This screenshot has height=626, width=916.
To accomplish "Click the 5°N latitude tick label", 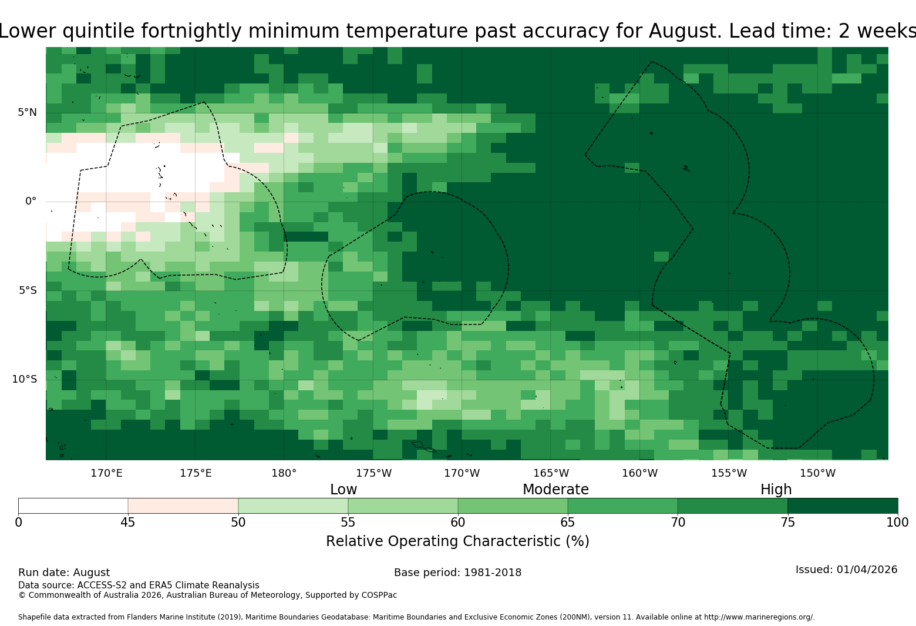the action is pos(27,112).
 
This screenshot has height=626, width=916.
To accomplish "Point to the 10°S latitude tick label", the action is pos(24,379).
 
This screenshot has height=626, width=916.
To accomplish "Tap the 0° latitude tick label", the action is pos(31,201).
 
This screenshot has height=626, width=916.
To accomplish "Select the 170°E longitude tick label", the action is pos(106,473).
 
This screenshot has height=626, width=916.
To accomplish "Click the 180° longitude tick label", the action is pos(284,473).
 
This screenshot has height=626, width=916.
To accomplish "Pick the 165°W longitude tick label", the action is pos(551,473).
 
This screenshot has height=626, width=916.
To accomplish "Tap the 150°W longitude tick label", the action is pos(817,473).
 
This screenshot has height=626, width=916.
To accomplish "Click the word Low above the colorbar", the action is pos(343,489).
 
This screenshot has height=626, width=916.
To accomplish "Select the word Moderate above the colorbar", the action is pos(555,489).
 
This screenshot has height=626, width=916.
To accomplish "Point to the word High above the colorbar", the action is pos(776,490).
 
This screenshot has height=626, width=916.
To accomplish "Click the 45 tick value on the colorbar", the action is pos(128,523).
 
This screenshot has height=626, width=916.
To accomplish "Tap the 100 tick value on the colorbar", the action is pos(898,523).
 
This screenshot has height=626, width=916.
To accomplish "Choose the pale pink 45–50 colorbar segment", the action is pos(183,506).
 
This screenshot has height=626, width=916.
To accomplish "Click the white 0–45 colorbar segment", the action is pos(73,506).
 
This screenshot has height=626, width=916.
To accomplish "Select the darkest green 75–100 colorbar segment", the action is pos(843,506).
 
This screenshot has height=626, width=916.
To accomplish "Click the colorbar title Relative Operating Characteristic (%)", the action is pos(457,541).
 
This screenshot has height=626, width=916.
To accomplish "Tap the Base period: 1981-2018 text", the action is pos(457,573).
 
